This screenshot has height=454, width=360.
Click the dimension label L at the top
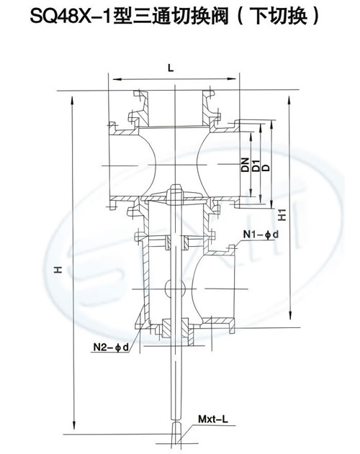tap(171, 68)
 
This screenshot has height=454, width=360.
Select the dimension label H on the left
tap(58, 270)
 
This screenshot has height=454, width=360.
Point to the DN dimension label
tap(245, 165)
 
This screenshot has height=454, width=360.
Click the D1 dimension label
tap(256, 165)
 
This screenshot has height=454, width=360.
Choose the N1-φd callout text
tap(261, 235)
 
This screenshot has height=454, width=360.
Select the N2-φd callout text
tap(111, 347)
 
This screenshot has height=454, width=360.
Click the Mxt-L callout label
tap(213, 419)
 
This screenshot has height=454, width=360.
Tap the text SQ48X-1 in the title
tap(71, 17)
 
